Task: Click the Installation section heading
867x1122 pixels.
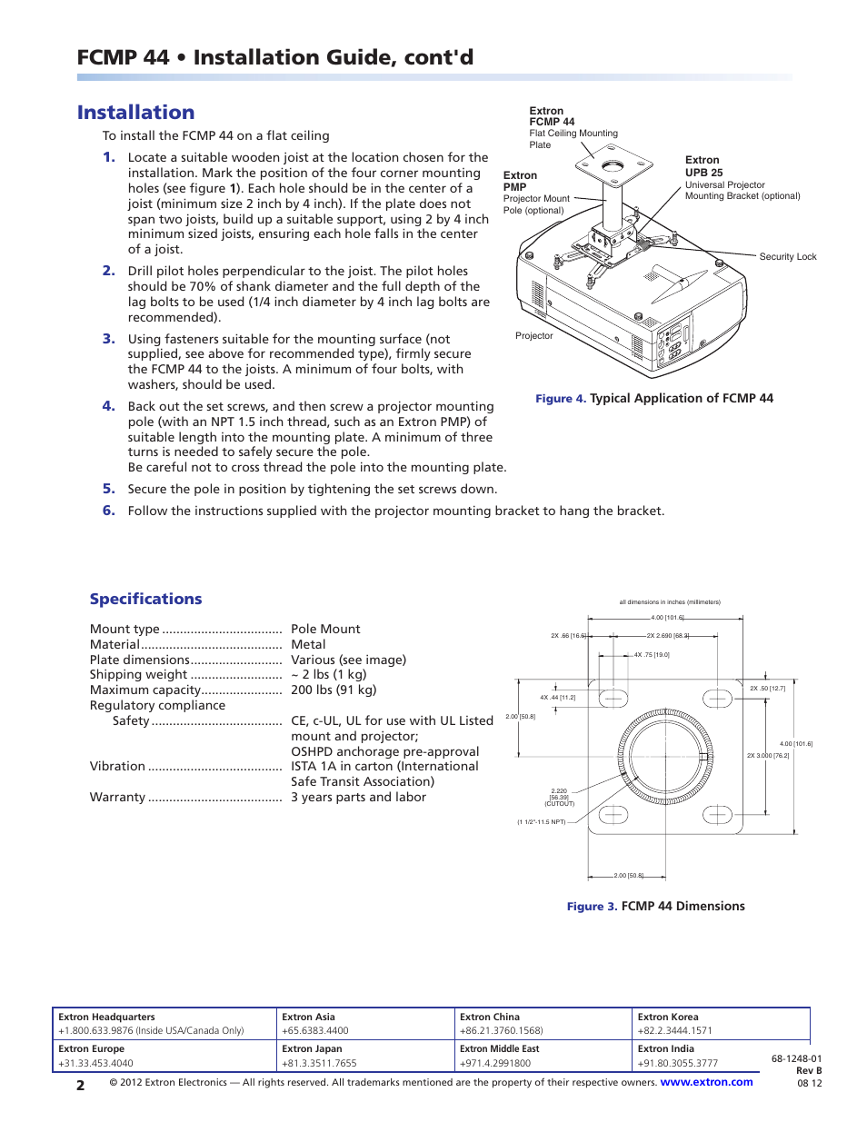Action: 135,113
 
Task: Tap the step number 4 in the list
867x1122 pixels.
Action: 108,406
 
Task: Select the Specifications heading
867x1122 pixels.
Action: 145,599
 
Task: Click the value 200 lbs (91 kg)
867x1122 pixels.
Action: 333,690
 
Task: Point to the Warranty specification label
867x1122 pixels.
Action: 117,797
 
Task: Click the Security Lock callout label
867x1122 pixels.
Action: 787,257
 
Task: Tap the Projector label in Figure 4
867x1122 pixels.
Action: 533,336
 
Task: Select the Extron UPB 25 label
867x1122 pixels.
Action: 704,166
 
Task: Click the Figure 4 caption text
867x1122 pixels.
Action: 653,398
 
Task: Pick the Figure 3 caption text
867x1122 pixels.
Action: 655,906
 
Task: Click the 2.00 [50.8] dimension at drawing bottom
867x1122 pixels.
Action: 628,876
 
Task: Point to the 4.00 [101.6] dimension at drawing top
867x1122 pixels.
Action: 667,618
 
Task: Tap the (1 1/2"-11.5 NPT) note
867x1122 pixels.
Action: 542,822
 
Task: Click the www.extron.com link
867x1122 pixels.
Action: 706,1082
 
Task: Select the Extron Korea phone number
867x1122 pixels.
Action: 674,1031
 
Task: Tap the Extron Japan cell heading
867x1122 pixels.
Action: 312,1048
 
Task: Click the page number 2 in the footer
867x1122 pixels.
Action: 81,1085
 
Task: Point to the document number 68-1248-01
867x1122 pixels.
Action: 796,1058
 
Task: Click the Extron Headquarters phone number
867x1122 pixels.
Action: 151,1031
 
